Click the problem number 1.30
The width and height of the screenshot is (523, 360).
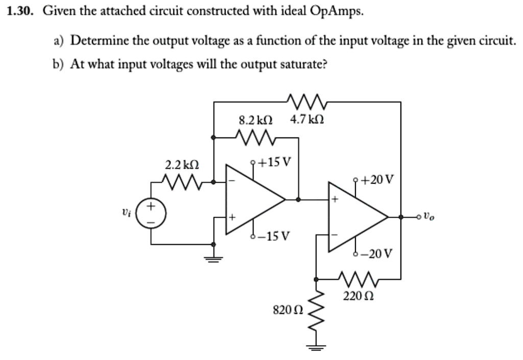coord(20,12)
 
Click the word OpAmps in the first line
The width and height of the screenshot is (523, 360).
coord(337,12)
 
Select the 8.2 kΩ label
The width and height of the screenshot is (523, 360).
coord(256,121)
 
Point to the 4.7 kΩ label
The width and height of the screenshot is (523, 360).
coord(306,121)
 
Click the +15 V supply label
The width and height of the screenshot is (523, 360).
coord(276,163)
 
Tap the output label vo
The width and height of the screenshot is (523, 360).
coord(431,217)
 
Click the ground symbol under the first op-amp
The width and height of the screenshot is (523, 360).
coord(213,259)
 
